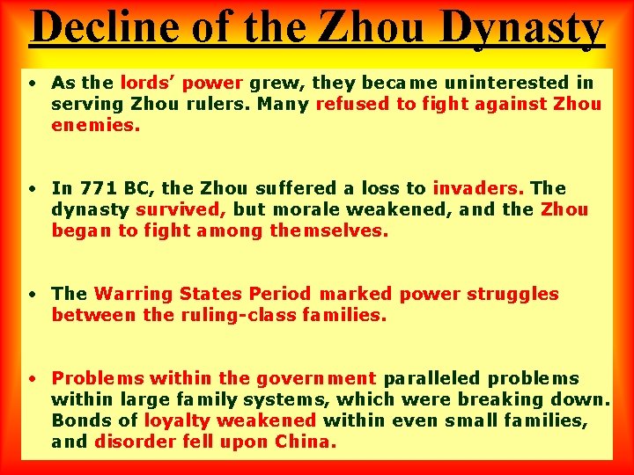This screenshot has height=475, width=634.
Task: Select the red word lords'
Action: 149,83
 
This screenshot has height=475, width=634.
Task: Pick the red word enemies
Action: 95,125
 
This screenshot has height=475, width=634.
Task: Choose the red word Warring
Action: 133,294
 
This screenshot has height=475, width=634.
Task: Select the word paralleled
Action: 431,378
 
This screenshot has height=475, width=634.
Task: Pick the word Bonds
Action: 78,420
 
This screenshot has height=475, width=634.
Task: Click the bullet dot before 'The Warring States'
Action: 31,294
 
